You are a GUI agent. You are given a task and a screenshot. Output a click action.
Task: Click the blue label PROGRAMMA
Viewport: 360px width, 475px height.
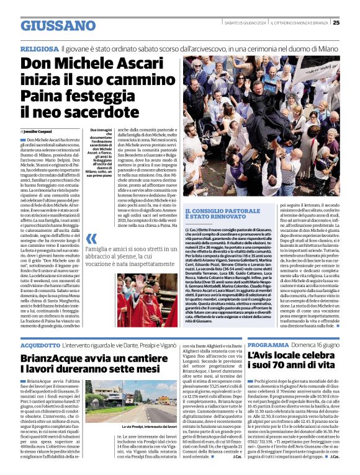click(268, 344)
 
